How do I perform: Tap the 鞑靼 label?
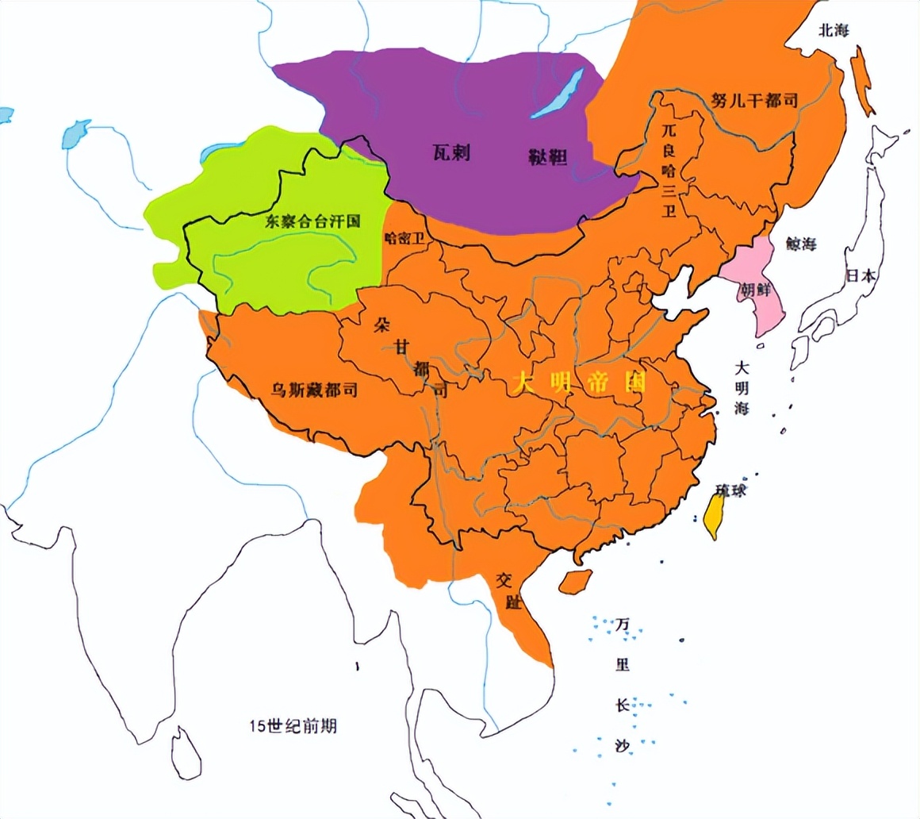(547, 157)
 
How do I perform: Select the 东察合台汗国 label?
(312, 222)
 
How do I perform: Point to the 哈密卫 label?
(404, 238)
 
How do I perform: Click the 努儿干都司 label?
(753, 100)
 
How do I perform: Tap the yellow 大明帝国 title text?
(579, 383)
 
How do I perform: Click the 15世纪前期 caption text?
(292, 725)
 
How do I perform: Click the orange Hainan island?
(575, 581)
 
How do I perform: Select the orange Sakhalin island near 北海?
(863, 79)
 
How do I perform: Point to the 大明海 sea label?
(742, 389)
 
